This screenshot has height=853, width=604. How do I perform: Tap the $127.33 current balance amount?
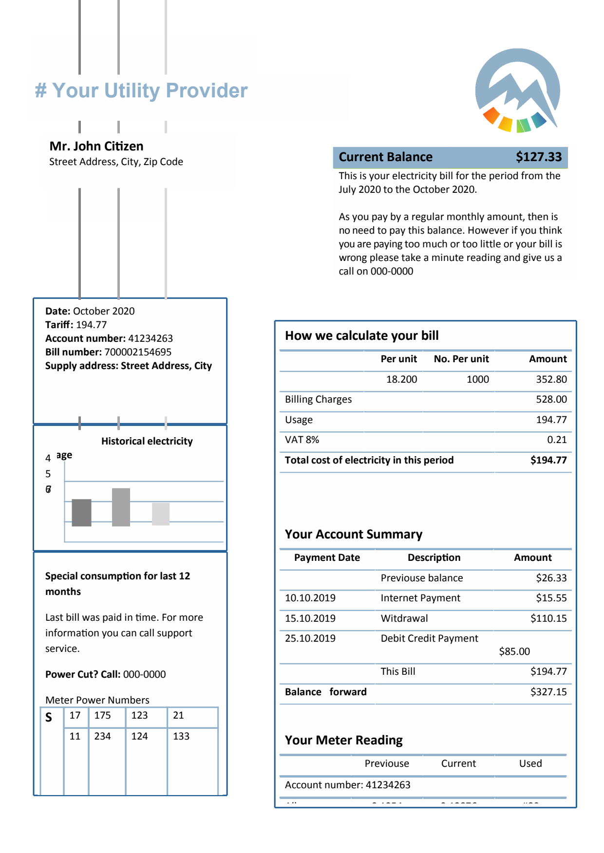coord(538,157)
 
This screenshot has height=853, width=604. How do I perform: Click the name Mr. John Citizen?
coord(96,146)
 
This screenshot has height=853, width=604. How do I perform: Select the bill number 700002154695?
coord(138,352)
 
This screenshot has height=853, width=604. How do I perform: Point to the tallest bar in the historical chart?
coord(121,507)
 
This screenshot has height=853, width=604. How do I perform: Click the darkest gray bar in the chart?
coord(81,513)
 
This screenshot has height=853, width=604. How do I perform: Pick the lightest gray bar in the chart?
coord(161,514)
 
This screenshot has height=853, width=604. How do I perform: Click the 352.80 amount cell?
coord(551,379)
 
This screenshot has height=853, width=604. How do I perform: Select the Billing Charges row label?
coord(318,399)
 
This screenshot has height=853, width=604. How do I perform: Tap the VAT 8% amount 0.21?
coord(556,440)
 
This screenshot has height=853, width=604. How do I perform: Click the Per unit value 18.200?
coord(401,379)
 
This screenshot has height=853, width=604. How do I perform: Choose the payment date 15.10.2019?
coord(310,618)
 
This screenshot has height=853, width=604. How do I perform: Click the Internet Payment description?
coord(420,598)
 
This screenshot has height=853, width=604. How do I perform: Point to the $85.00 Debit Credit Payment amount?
coord(514,651)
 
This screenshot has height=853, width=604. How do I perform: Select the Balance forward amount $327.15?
coord(548,692)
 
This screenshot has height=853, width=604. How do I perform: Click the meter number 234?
coord(102,736)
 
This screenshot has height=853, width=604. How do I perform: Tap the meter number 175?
coord(102,715)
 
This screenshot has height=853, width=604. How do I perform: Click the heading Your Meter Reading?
coord(343,740)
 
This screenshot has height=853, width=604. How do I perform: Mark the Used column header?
coord(530,763)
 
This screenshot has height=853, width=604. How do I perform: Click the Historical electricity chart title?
coord(147,441)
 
